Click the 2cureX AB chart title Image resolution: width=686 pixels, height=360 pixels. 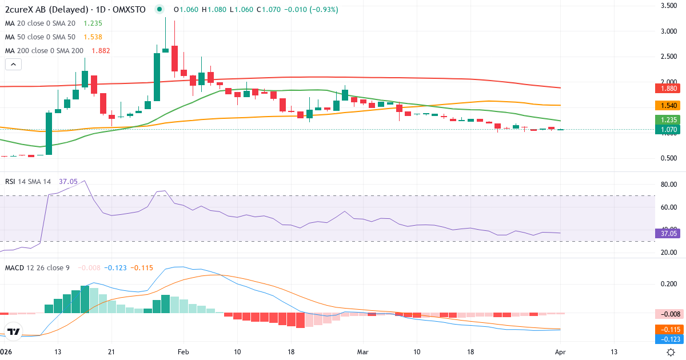(x=74, y=10)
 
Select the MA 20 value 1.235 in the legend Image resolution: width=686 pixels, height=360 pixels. (x=93, y=23)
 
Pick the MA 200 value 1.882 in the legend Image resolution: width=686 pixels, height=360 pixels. (x=98, y=51)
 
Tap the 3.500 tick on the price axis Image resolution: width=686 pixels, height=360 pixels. (x=669, y=6)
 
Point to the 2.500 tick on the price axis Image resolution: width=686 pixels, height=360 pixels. (x=669, y=57)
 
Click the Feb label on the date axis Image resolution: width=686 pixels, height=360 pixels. (x=182, y=351)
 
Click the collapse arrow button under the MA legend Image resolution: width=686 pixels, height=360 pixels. (x=13, y=64)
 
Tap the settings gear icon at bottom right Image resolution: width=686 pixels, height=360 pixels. (x=671, y=352)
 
